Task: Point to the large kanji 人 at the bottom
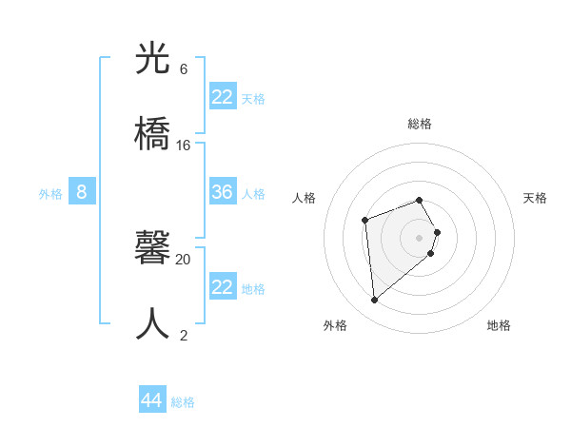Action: pyautogui.click(x=153, y=324)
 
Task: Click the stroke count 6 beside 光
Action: pyautogui.click(x=183, y=69)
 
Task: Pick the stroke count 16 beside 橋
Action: pyautogui.click(x=183, y=146)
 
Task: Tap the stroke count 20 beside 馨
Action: pyautogui.click(x=183, y=259)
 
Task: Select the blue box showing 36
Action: pyautogui.click(x=223, y=192)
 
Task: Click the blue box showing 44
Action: pyautogui.click(x=152, y=399)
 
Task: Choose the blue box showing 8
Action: pyautogui.click(x=82, y=192)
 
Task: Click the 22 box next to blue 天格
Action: pyautogui.click(x=223, y=97)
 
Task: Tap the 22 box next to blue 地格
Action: pyautogui.click(x=223, y=287)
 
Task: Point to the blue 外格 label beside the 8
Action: pyautogui.click(x=50, y=194)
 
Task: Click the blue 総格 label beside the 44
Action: pyautogui.click(x=183, y=402)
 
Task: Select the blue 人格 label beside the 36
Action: pyautogui.click(x=253, y=194)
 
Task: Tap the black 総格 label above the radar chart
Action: pyautogui.click(x=420, y=124)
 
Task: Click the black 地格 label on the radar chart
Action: pyautogui.click(x=499, y=325)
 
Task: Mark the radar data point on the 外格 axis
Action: pyautogui.click(x=375, y=301)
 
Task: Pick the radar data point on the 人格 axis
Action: pyautogui.click(x=364, y=221)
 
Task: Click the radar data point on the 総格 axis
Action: pyautogui.click(x=420, y=200)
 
